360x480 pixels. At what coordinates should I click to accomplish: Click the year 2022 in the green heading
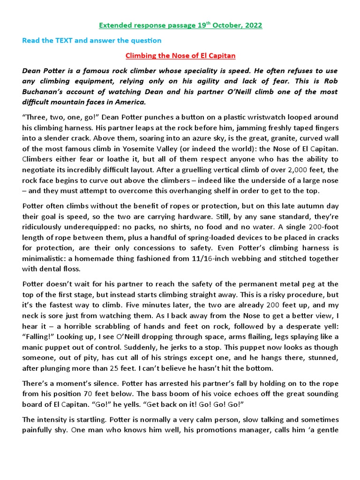(x=253, y=25)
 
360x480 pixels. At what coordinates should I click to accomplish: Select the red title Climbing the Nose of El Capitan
(x=180, y=56)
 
